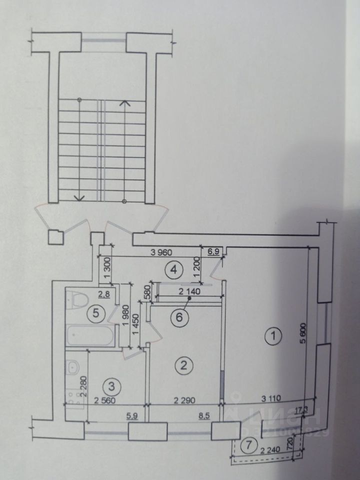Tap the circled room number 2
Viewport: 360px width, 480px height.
pos(184,365)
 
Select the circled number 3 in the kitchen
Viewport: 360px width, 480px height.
pos(111,385)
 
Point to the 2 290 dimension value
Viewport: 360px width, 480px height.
pos(183,399)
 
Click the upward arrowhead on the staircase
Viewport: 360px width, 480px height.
pos(125,103)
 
